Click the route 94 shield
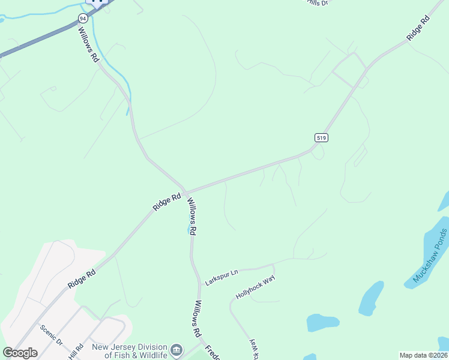point(82,19)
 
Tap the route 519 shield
point(321,137)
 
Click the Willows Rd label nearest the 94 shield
point(89,46)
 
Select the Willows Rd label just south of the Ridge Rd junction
point(191,216)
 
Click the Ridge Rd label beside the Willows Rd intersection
point(167,201)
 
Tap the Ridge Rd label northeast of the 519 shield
point(418,28)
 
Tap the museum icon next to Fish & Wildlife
point(176,350)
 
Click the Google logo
point(20,352)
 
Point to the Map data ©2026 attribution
point(423,355)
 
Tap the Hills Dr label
point(318,2)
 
